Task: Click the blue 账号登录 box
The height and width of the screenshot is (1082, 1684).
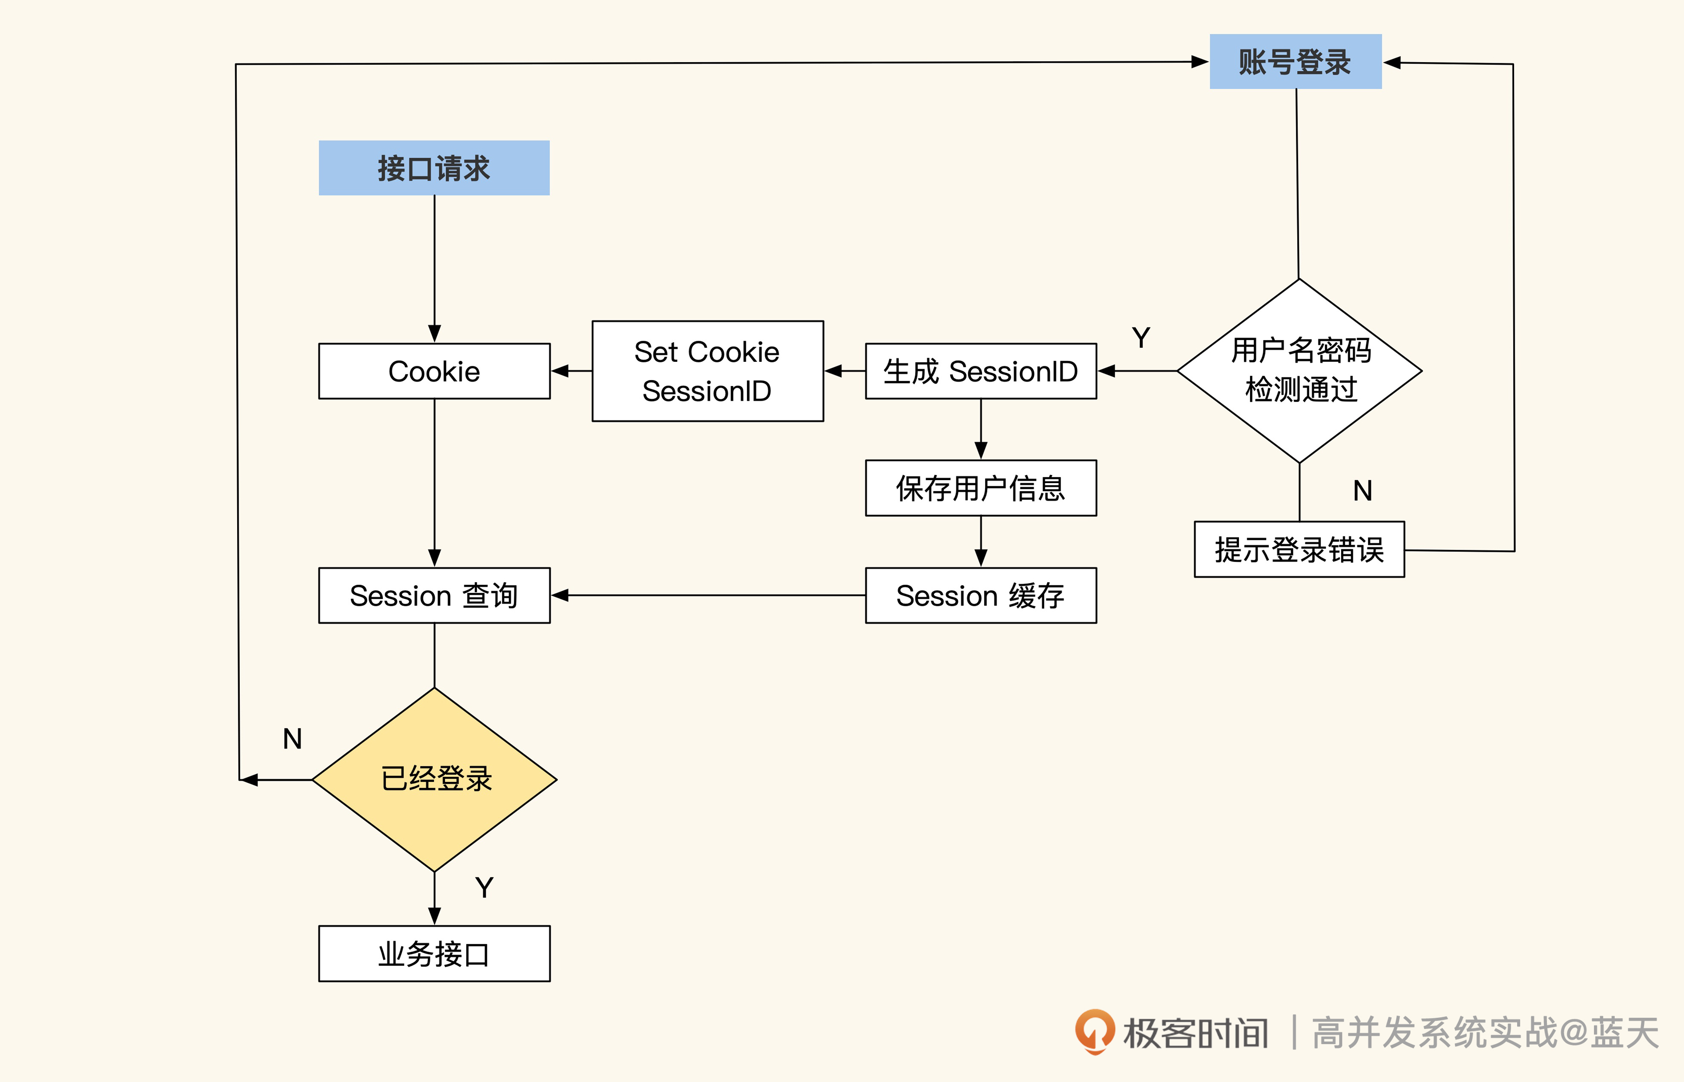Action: click(1295, 62)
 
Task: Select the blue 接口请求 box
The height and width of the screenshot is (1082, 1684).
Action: click(434, 168)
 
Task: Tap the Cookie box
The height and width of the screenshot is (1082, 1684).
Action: click(434, 371)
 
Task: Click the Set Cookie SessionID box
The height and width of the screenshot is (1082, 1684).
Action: click(707, 371)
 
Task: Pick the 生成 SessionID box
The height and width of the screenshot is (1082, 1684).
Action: click(981, 371)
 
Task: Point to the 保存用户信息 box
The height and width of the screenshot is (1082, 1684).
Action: click(981, 488)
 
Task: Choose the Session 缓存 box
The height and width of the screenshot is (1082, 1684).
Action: click(981, 596)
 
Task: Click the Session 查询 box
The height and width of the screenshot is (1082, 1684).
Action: click(434, 596)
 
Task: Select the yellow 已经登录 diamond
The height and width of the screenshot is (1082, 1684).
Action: click(434, 779)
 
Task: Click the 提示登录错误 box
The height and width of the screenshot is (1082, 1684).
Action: click(1299, 549)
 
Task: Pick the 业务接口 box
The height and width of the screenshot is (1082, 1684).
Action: click(434, 954)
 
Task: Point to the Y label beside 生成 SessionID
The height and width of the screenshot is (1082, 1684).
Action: click(1141, 338)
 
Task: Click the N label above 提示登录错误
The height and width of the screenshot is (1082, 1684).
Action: click(1362, 490)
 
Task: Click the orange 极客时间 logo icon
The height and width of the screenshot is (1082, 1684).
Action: click(1094, 1031)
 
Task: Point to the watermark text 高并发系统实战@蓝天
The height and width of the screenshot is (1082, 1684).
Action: click(1484, 1033)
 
